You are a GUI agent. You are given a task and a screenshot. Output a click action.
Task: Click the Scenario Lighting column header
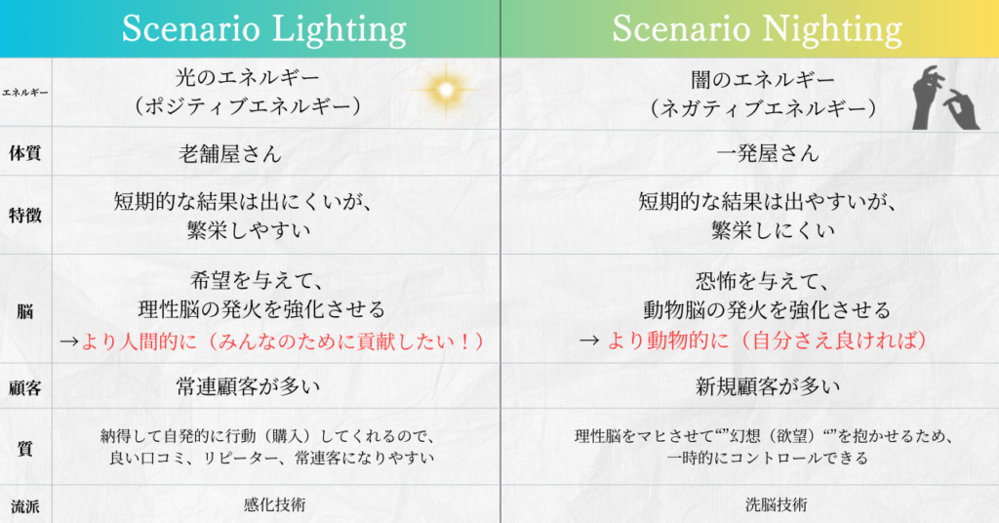(x=263, y=29)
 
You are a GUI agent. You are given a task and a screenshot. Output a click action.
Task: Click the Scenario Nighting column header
(x=757, y=29)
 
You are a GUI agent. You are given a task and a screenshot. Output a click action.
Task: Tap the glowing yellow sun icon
(x=446, y=90)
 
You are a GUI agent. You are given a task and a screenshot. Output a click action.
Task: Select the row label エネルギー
(x=24, y=93)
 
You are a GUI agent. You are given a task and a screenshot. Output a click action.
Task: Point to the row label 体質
(x=24, y=153)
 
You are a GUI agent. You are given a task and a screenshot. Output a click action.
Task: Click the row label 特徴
(x=24, y=216)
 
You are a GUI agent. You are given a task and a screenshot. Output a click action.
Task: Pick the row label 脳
(x=24, y=311)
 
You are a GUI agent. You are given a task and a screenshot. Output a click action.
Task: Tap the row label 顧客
(x=24, y=387)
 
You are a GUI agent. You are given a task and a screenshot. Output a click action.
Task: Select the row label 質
(x=24, y=448)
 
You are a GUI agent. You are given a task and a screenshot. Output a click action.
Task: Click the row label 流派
(x=24, y=506)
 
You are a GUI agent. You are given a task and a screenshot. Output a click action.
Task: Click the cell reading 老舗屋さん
(x=230, y=153)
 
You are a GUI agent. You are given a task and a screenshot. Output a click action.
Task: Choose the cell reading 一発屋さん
(x=768, y=153)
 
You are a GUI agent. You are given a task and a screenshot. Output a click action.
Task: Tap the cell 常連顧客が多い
(x=248, y=386)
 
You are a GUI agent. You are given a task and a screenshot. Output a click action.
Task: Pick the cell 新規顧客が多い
(x=768, y=386)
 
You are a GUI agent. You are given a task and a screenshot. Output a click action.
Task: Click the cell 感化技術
(x=274, y=504)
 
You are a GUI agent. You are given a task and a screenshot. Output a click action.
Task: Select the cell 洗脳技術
(x=776, y=504)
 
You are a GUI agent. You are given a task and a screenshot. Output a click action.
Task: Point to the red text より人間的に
(x=139, y=342)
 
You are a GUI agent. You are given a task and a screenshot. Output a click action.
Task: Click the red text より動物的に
(x=667, y=341)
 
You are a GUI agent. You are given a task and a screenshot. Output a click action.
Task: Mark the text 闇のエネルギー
(x=763, y=80)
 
